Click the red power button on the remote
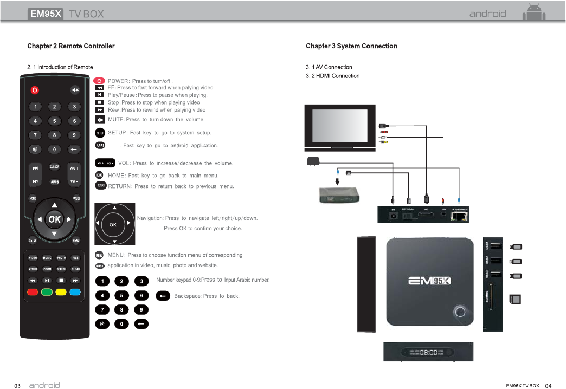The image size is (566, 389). coord(34,89)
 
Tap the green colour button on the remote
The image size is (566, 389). coord(47,293)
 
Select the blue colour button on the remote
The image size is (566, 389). coord(75,293)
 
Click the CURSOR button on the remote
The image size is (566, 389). coord(55,167)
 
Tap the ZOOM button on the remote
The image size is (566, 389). coord(47,269)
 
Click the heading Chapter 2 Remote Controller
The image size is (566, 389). coord(71,46)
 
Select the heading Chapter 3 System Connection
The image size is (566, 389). coord(351,46)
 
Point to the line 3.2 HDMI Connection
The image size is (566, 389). coord(332,76)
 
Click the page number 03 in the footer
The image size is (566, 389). coord(17,386)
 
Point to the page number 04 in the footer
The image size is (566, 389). coord(548,386)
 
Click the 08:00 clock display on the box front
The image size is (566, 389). coord(429,352)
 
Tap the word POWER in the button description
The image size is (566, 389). coord(118,81)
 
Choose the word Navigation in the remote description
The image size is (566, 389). coord(150,218)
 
